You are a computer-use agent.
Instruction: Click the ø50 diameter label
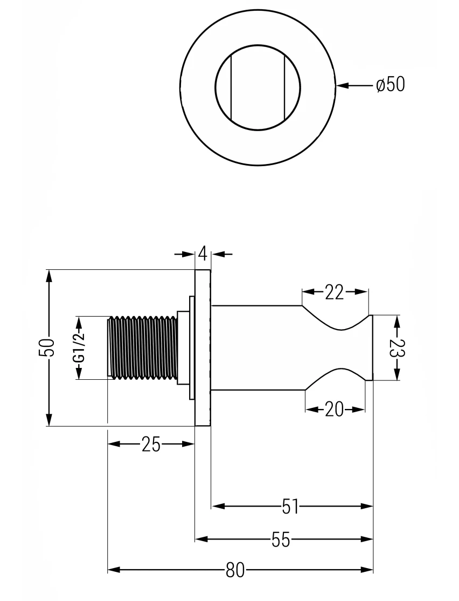390,85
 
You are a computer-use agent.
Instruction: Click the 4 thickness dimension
203,254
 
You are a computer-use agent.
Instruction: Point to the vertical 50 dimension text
49,347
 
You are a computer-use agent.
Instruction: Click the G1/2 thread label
79,348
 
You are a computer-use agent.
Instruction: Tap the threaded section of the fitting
143,348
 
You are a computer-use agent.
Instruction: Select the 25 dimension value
151,445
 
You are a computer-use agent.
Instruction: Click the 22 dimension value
334,292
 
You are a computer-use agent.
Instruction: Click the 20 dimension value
335,410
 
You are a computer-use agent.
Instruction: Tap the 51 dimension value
291,506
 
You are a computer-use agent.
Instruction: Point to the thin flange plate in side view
203,348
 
